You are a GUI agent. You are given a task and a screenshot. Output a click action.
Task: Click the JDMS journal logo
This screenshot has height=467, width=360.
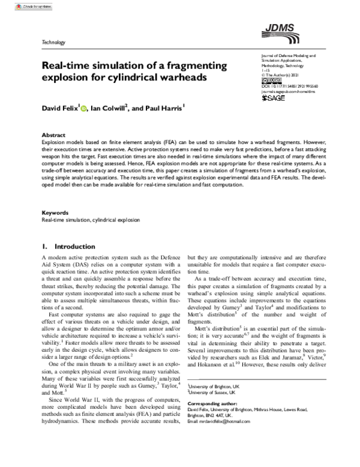pyautogui.click(x=277, y=28)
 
